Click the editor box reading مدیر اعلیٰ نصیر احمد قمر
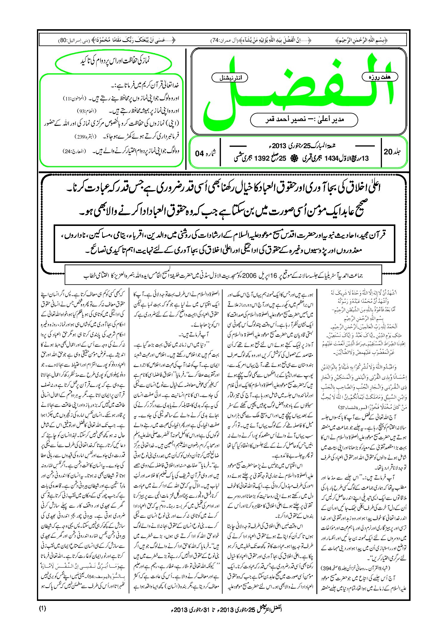(x=304, y=120)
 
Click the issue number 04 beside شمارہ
(x=199, y=154)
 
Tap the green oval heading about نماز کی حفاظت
(x=114, y=61)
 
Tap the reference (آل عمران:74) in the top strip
(x=223, y=40)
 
